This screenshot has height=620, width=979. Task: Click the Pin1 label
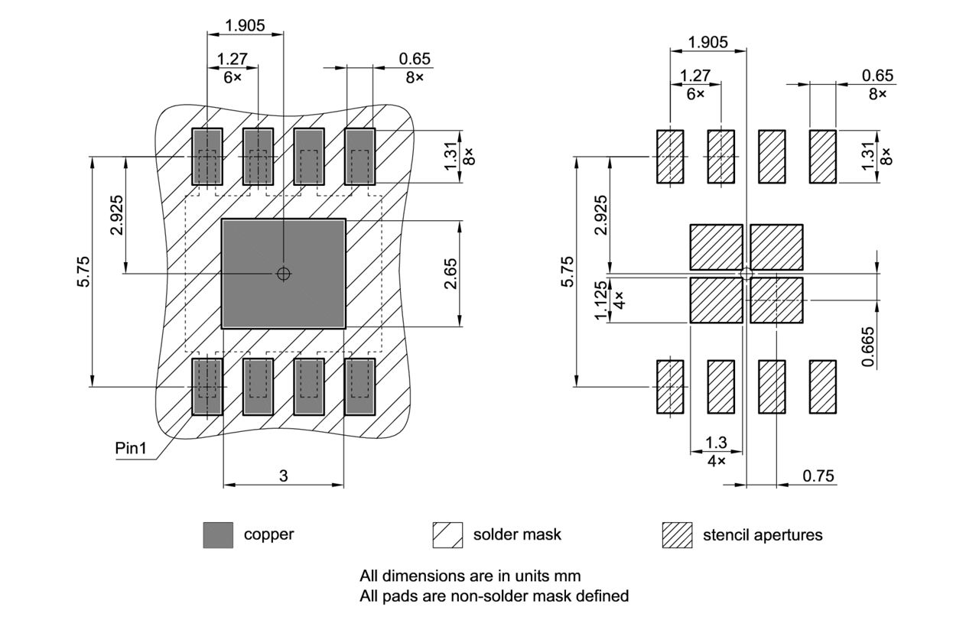pyautogui.click(x=130, y=448)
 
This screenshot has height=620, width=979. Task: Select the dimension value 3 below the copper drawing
pyautogui.click(x=283, y=476)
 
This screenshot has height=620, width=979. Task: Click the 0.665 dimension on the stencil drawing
pyautogui.click(x=868, y=347)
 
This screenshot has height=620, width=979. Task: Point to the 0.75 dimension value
pyautogui.click(x=818, y=476)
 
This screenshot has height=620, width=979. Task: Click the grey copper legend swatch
pyautogui.click(x=218, y=535)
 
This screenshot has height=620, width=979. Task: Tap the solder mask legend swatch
pyautogui.click(x=447, y=535)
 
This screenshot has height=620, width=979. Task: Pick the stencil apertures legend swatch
pyautogui.click(x=677, y=535)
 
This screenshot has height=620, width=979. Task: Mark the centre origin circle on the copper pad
pyautogui.click(x=284, y=274)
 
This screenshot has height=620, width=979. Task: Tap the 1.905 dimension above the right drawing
pyautogui.click(x=707, y=42)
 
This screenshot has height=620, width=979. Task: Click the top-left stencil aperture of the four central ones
pyautogui.click(x=716, y=247)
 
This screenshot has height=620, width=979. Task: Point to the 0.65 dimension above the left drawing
pyautogui.click(x=415, y=59)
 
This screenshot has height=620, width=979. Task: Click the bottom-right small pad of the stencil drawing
pyautogui.click(x=823, y=387)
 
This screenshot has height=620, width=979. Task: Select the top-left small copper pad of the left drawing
pyautogui.click(x=207, y=157)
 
